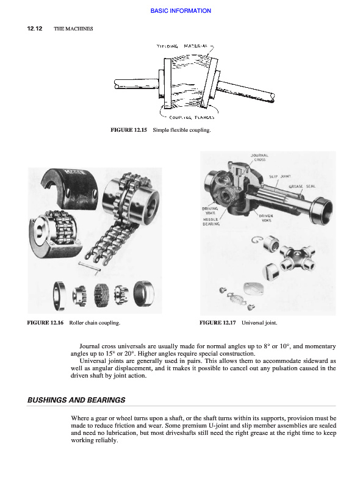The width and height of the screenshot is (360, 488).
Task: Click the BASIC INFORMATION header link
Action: pyautogui.click(x=181, y=10)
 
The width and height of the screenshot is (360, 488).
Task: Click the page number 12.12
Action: pyautogui.click(x=35, y=29)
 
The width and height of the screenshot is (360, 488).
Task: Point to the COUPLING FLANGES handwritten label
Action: pyautogui.click(x=192, y=117)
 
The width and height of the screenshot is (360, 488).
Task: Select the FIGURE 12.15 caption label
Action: pyautogui.click(x=129, y=130)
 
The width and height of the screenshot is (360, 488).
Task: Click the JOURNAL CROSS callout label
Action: pyautogui.click(x=259, y=157)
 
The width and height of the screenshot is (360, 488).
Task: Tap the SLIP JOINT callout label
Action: pyautogui.click(x=280, y=176)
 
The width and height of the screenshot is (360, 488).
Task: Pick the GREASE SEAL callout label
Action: pyautogui.click(x=302, y=186)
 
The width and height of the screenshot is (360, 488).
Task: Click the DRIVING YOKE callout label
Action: pyautogui.click(x=210, y=210)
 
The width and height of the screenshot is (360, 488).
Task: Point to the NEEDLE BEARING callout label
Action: pyautogui.click(x=211, y=221)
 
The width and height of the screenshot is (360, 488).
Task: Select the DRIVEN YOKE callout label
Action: pyautogui.click(x=266, y=218)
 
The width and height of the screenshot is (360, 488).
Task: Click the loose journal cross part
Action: pyautogui.click(x=297, y=257)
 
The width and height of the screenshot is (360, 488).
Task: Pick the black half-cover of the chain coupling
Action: pyautogui.click(x=69, y=188)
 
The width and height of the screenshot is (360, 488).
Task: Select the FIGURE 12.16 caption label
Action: pyautogui.click(x=45, y=323)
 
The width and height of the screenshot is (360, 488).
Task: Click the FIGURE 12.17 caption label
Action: pyautogui.click(x=218, y=323)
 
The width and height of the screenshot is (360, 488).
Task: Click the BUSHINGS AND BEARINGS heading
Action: pyautogui.click(x=76, y=400)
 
